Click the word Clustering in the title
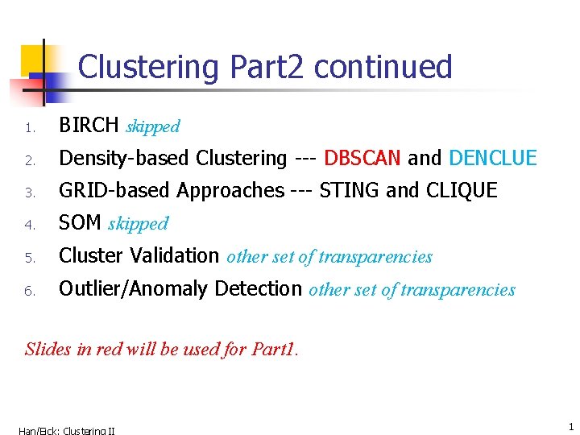pos(148,67)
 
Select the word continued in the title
pos(383,67)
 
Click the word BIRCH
pos(89,126)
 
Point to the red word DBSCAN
pos(362,158)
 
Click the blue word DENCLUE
pos(492,158)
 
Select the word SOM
pos(80,223)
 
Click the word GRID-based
pos(115,191)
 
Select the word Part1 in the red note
pos(274,349)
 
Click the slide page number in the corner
pos(570,426)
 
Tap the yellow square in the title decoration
pos(32,59)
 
